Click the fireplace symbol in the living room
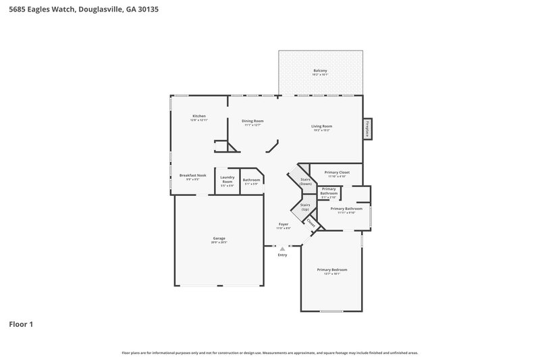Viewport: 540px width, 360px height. click(368, 129)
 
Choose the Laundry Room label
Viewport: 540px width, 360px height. click(227, 180)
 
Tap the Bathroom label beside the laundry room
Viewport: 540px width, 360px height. click(251, 181)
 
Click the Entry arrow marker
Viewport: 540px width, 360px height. click(282, 249)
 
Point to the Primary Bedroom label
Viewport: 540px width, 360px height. click(331, 271)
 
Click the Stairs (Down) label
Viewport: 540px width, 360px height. click(306, 182)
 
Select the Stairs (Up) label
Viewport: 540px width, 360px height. click(305, 207)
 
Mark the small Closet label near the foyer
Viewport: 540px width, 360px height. click(311, 222)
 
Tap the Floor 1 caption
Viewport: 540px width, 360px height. click(20, 324)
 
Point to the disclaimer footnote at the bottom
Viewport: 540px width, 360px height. click(270, 353)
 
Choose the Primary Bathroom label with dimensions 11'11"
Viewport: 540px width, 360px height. click(345, 210)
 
